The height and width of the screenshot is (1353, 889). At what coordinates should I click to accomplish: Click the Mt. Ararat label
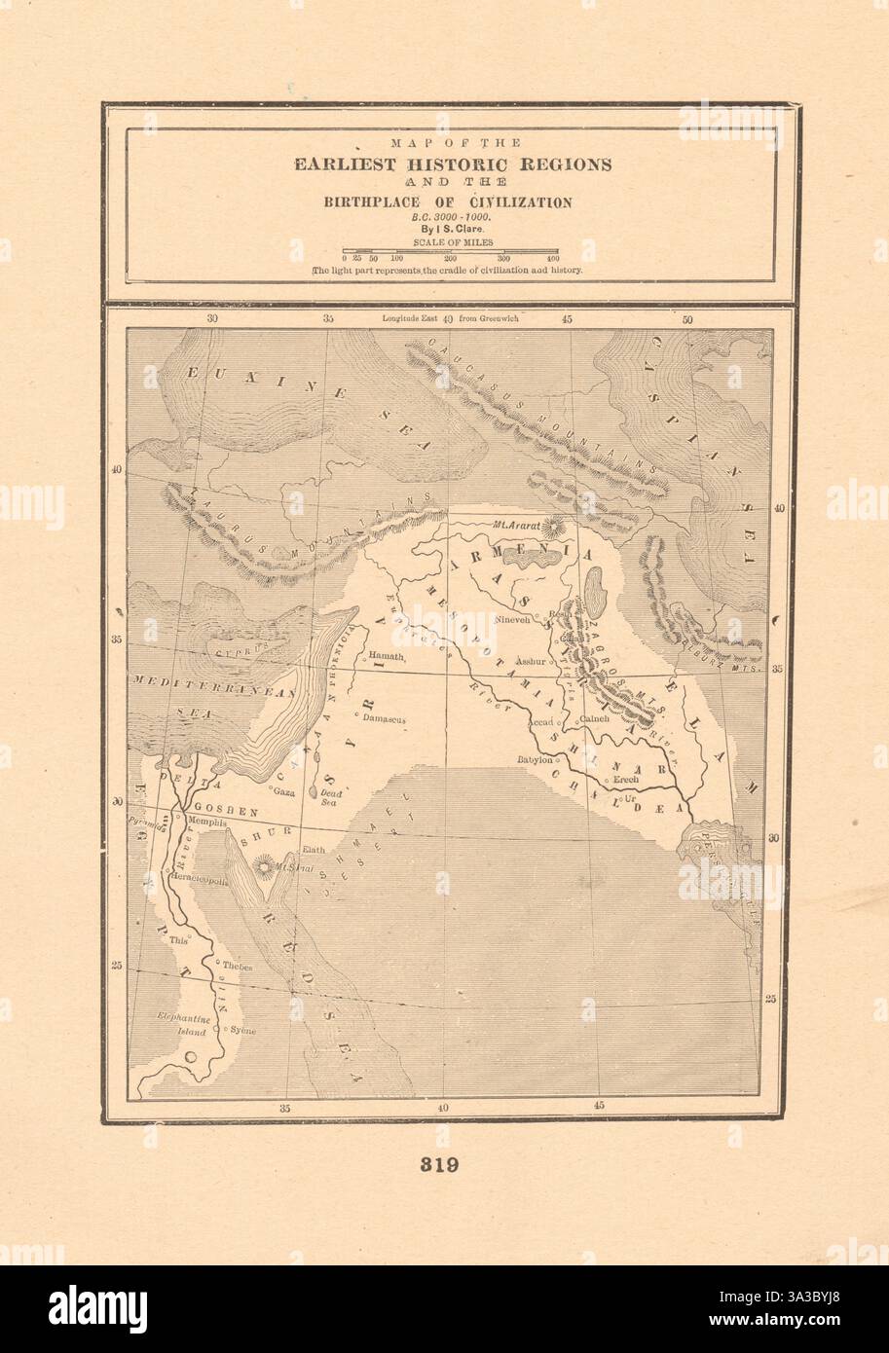(517, 525)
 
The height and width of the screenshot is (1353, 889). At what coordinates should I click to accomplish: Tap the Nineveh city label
(513, 618)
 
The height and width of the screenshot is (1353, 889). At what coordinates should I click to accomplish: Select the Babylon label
(535, 759)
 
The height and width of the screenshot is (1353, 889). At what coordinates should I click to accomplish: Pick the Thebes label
(238, 967)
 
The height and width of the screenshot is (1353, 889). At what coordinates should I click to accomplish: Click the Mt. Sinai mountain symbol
(263, 864)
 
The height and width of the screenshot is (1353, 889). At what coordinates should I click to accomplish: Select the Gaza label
(283, 792)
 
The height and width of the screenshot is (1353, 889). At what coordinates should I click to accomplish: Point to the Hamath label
(386, 657)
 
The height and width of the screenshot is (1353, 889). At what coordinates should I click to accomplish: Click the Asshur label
(533, 659)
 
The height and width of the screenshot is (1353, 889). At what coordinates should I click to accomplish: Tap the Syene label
(242, 1030)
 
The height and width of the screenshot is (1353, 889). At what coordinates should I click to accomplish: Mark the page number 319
(443, 1163)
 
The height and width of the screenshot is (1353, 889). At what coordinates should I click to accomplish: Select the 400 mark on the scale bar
(552, 258)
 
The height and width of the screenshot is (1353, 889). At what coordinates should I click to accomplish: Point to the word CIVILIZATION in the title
(518, 202)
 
